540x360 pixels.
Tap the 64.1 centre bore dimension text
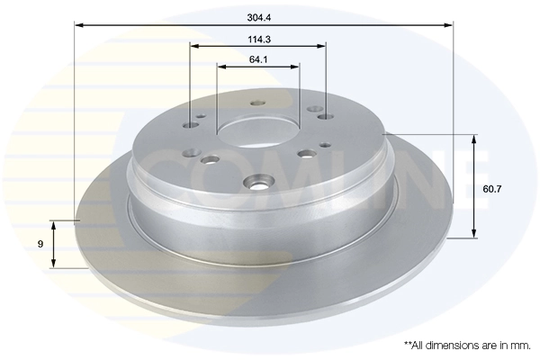tap(258, 59)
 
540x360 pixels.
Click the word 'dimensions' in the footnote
tap(454, 344)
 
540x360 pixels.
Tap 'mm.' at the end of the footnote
tap(521, 344)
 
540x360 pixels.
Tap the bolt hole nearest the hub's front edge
tap(258, 186)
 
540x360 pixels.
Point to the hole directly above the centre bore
tap(256, 103)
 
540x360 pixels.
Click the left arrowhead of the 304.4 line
tap(78, 25)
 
